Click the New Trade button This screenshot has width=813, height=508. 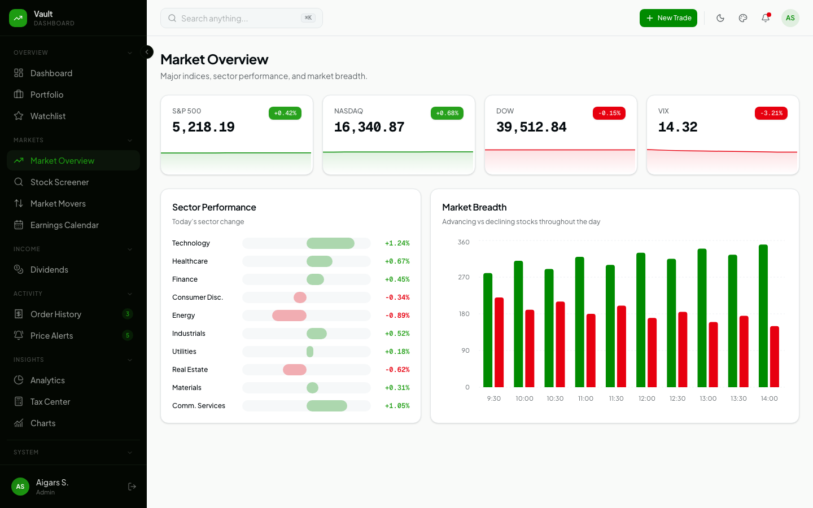coord(668,18)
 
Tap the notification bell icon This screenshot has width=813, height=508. coord(766,18)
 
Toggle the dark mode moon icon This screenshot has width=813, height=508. coord(720,18)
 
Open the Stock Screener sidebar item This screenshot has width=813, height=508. coord(59,182)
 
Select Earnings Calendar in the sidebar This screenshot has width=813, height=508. coord(64,225)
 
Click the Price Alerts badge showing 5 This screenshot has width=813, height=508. coord(128,335)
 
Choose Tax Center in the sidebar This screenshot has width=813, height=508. coord(50,402)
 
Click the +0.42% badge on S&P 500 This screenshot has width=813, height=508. coord(285,113)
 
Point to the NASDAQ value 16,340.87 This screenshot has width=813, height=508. coord(369,128)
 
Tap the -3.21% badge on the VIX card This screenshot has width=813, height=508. coord(771,113)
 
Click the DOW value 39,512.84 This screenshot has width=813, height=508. coord(531,128)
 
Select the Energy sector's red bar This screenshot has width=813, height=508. coord(289,316)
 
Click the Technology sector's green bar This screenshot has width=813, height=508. coord(330,243)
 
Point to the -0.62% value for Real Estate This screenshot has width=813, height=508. coord(397,370)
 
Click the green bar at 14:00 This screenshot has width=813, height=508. coord(763,316)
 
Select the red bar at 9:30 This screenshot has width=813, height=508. coord(499,342)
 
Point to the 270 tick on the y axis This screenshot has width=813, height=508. coord(464,277)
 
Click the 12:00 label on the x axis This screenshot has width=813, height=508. coord(647,398)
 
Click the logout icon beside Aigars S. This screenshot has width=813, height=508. coord(132,487)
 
